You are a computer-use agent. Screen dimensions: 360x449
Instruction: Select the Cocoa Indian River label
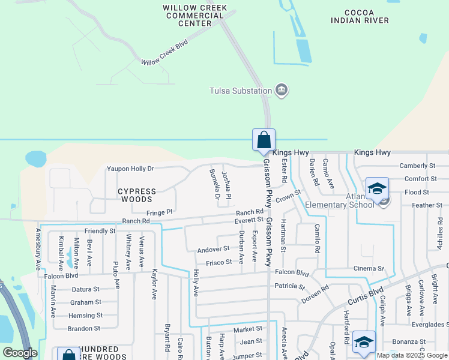(360, 16)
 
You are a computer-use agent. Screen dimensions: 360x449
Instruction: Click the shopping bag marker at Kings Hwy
(264, 141)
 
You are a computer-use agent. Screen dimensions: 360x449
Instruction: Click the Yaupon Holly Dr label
(130, 169)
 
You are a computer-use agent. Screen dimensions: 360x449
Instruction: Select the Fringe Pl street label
(160, 212)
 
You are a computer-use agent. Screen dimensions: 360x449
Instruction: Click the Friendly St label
(100, 231)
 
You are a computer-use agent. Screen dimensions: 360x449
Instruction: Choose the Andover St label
(214, 248)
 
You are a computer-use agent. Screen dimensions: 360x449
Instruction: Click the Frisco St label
(219, 262)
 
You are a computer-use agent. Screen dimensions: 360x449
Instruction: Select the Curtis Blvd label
(365, 294)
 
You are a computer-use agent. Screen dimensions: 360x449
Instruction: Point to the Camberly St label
(417, 166)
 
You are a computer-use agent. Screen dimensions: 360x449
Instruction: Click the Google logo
(20, 353)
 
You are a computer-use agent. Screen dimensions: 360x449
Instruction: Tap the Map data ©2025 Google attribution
(412, 355)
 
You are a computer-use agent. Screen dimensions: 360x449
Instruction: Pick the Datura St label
(85, 289)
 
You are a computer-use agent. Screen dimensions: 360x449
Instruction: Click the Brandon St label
(84, 329)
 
